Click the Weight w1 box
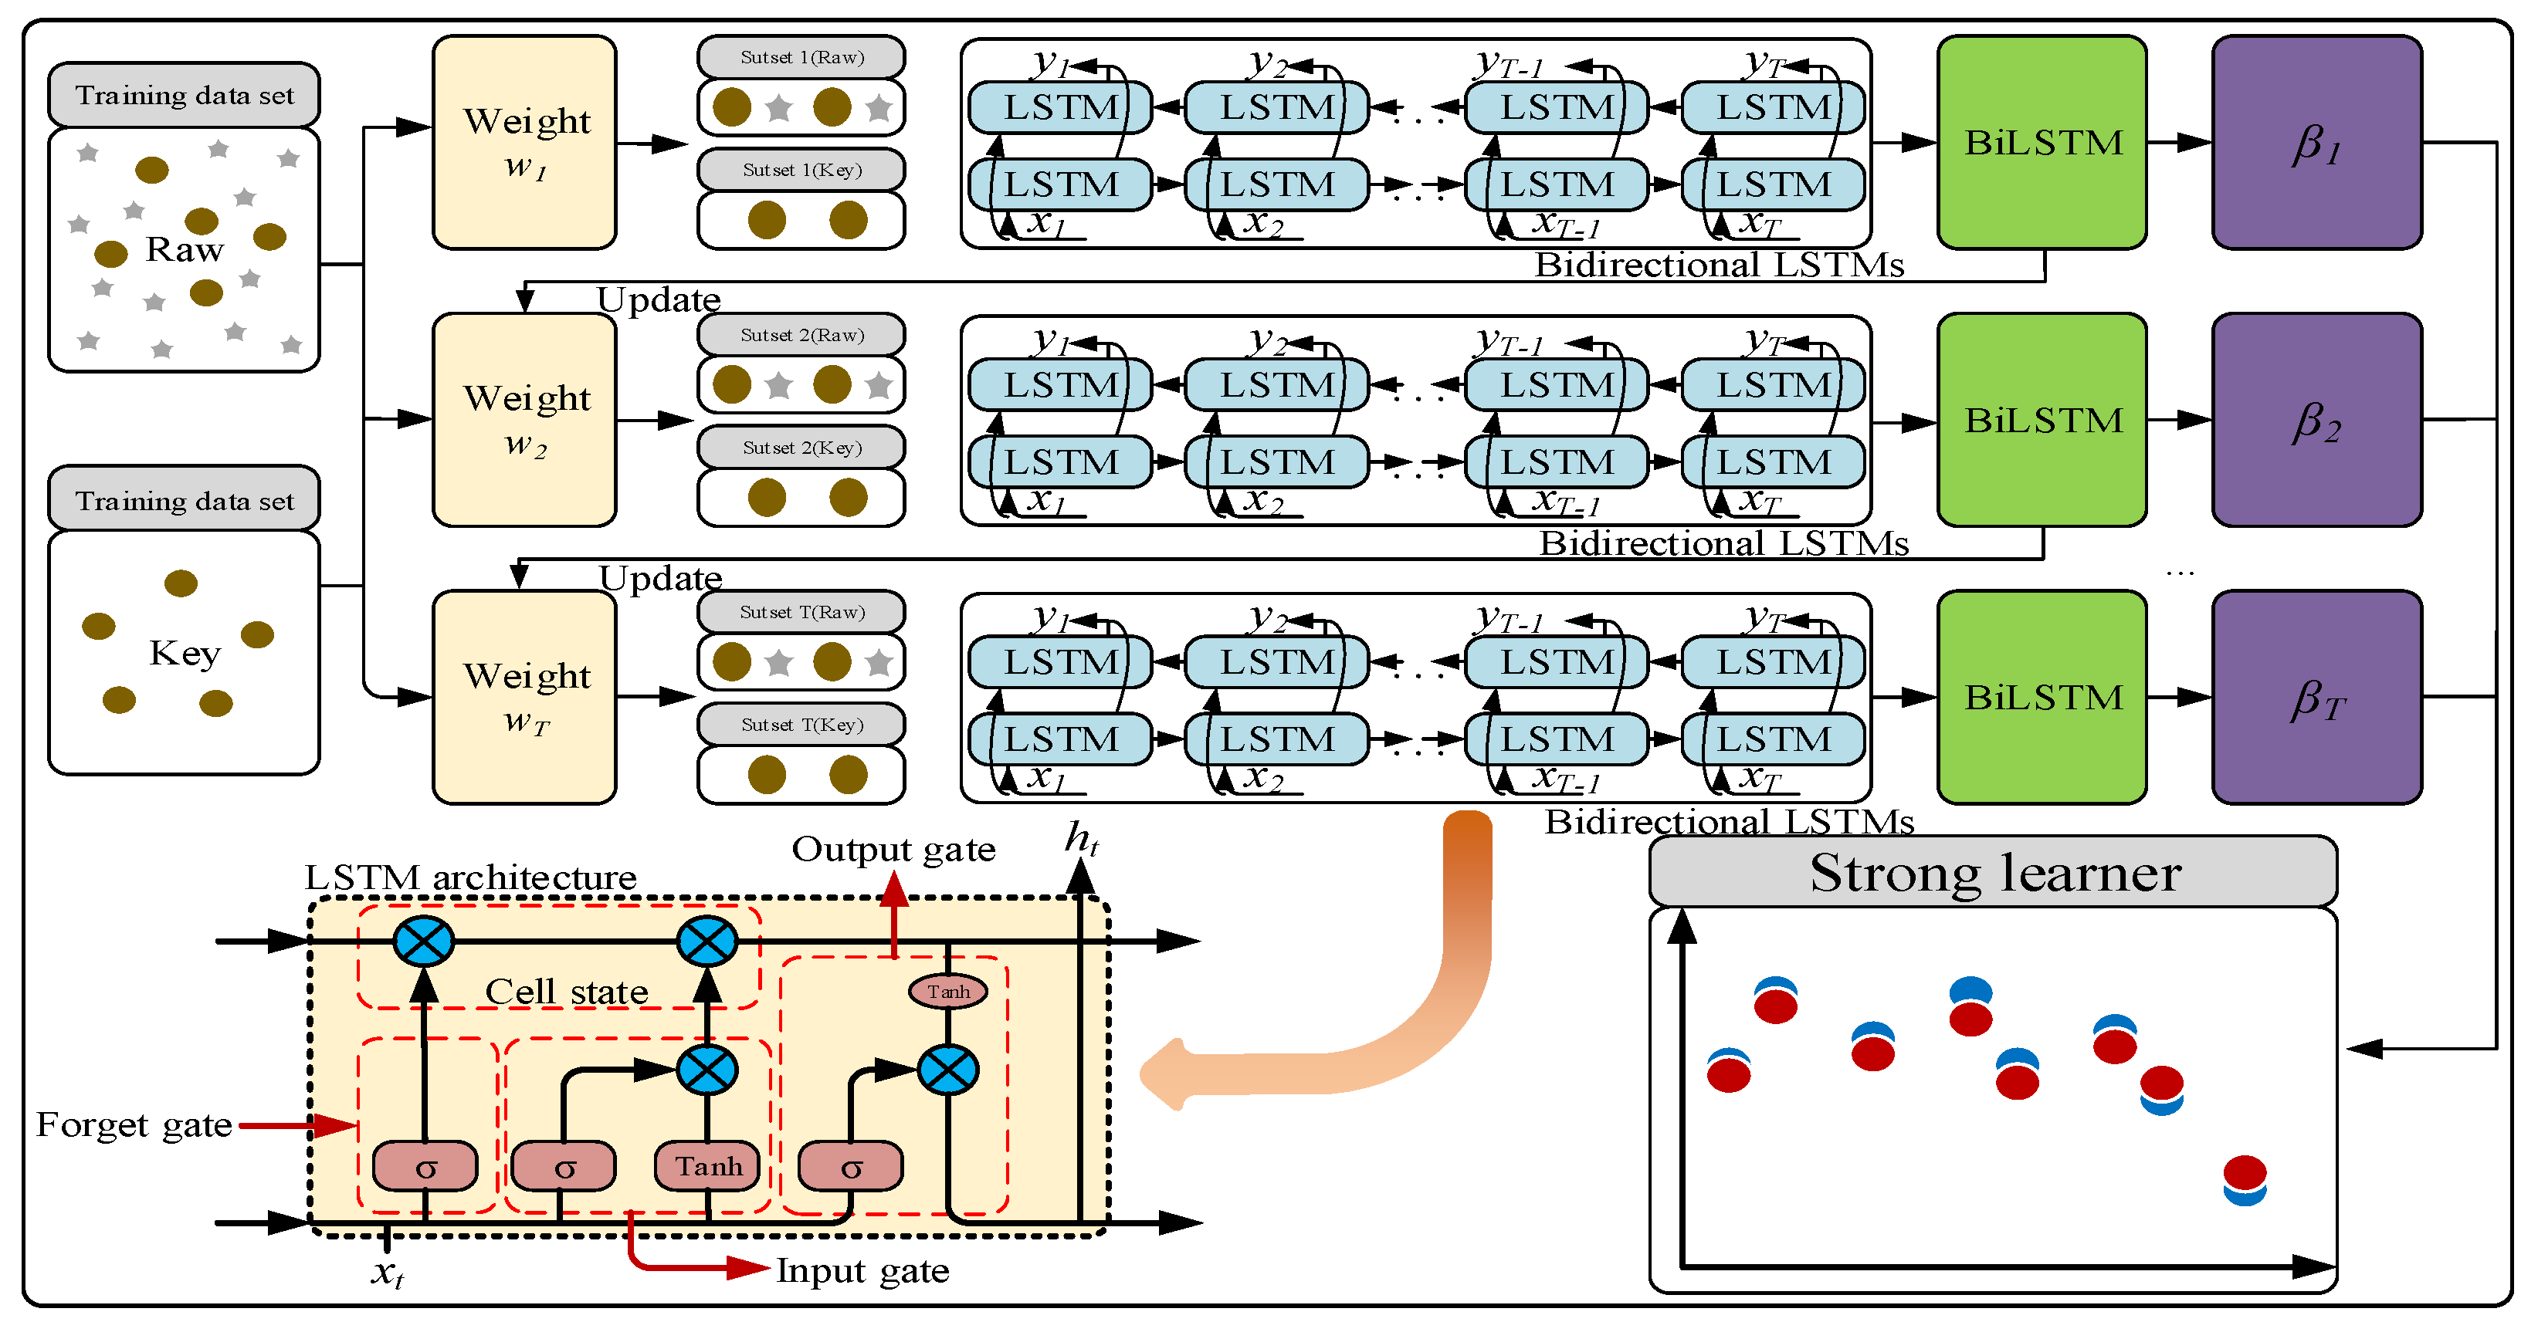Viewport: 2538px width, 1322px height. (x=524, y=143)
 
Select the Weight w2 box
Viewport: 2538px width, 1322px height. (x=524, y=420)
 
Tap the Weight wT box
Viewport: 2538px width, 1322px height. (x=524, y=698)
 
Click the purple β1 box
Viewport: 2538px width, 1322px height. (x=2316, y=143)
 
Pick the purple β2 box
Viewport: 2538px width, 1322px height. (x=2316, y=421)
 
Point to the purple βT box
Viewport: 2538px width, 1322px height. (x=2316, y=698)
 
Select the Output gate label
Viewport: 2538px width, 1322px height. (x=893, y=849)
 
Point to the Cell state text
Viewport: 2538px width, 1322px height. (x=567, y=991)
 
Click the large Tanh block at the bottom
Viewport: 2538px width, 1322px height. (x=707, y=1166)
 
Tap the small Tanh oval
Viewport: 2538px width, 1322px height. (x=948, y=992)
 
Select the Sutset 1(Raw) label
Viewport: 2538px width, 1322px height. (x=801, y=57)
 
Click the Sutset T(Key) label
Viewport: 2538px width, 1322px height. (x=801, y=725)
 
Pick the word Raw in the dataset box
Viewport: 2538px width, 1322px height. (x=185, y=249)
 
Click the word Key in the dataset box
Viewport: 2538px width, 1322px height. (x=185, y=652)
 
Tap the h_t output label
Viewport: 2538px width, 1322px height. (x=1081, y=840)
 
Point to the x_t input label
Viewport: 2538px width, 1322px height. (x=387, y=1272)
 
